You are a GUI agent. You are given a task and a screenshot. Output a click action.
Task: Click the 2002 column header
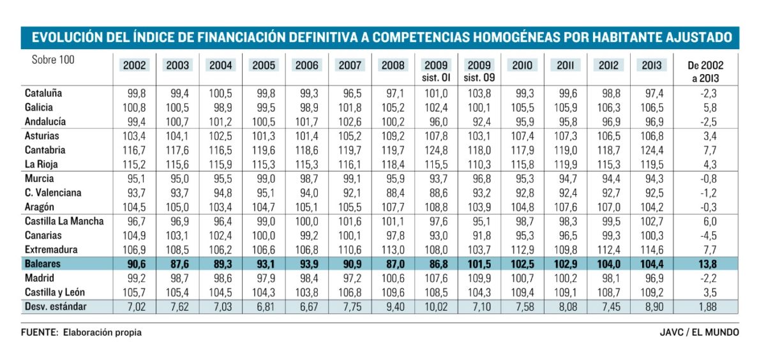tap(134, 65)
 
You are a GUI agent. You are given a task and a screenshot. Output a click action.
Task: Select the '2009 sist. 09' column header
tap(479, 71)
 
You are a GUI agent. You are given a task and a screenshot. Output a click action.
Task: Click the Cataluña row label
tap(43, 93)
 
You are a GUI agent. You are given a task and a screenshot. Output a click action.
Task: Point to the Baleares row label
tap(43, 264)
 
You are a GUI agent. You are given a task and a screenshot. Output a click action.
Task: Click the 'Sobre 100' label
tap(53, 60)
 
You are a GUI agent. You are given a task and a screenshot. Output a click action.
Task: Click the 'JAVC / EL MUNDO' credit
tap(700, 333)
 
